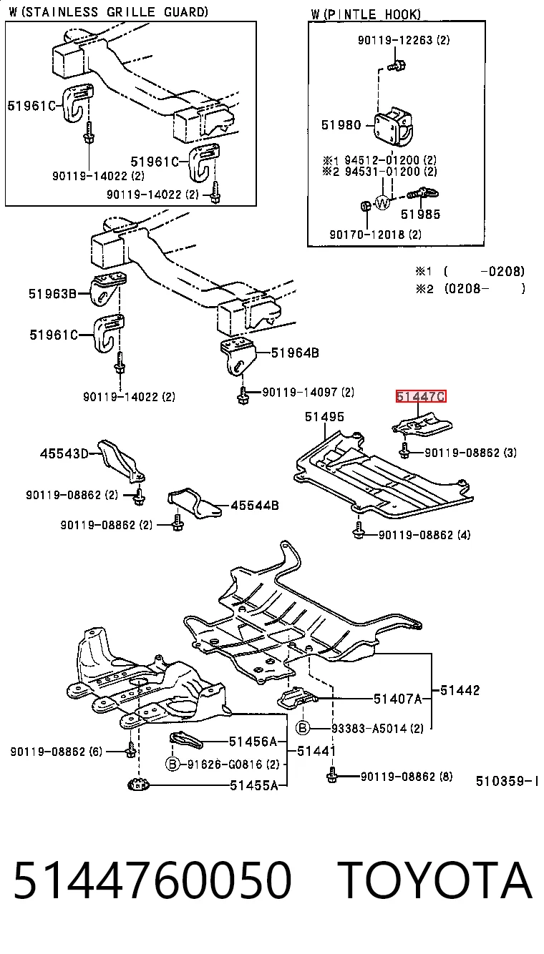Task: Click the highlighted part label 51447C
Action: click(421, 396)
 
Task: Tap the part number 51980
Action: click(341, 124)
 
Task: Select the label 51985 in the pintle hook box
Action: click(420, 215)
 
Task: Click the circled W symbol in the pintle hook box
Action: click(382, 202)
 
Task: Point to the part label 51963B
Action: click(52, 294)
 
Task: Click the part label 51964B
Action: click(295, 353)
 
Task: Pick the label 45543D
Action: click(64, 453)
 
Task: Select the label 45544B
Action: click(255, 506)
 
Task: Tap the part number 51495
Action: click(324, 416)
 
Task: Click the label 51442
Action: click(460, 690)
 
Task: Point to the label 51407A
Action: click(398, 699)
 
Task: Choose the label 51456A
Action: click(253, 742)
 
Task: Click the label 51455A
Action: click(254, 785)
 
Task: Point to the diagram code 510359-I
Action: click(507, 781)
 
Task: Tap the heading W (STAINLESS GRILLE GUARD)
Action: click(109, 12)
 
